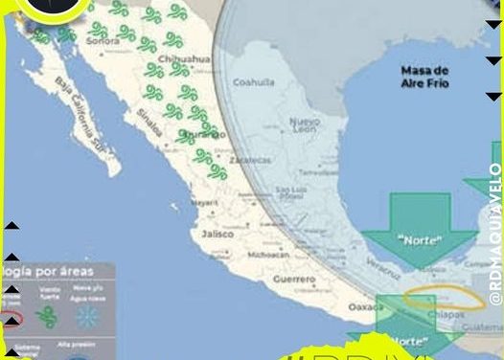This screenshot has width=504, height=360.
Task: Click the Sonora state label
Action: point(103,42)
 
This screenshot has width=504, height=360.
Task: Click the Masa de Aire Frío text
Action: point(424,78)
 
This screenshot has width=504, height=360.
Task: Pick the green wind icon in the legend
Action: point(45,316)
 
